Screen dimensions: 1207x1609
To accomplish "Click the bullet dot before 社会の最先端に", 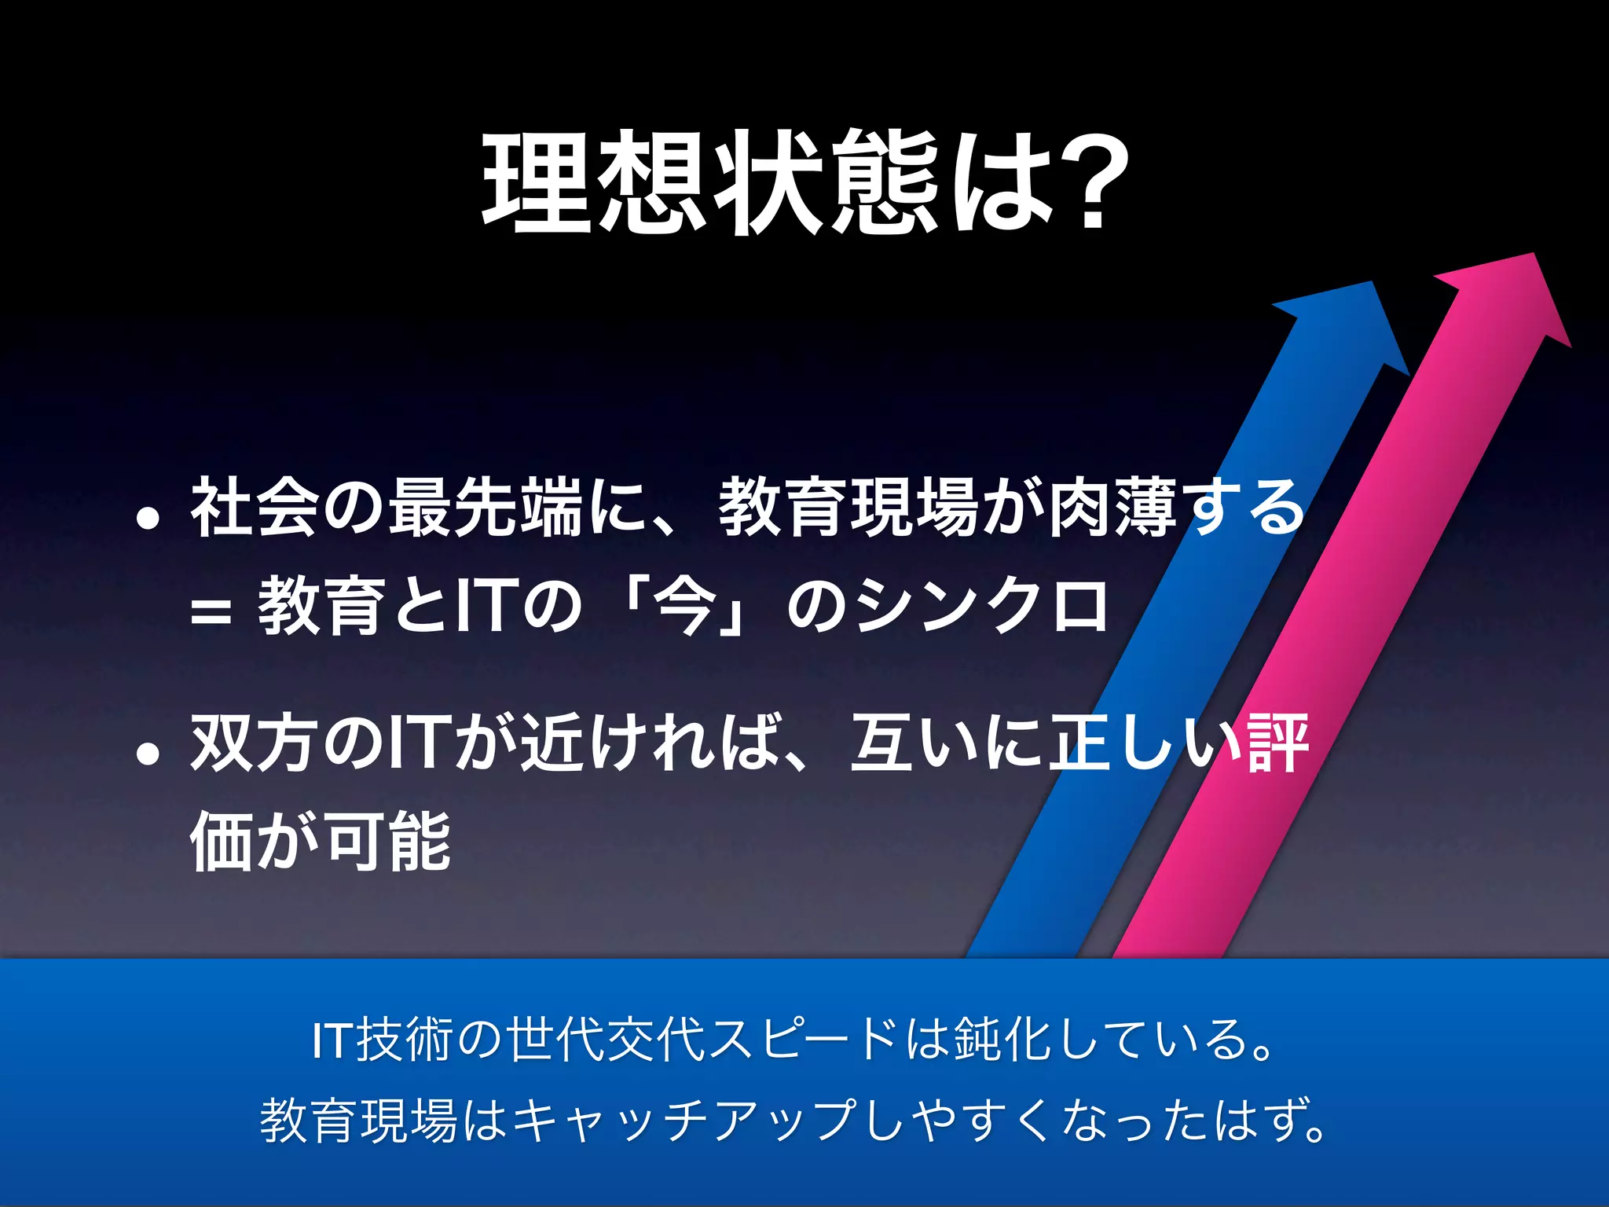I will point(148,519).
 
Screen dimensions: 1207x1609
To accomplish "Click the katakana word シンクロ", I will point(982,606).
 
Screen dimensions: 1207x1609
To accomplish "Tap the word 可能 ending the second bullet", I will point(388,842).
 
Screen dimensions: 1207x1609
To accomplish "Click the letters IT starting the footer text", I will point(333,1040).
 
